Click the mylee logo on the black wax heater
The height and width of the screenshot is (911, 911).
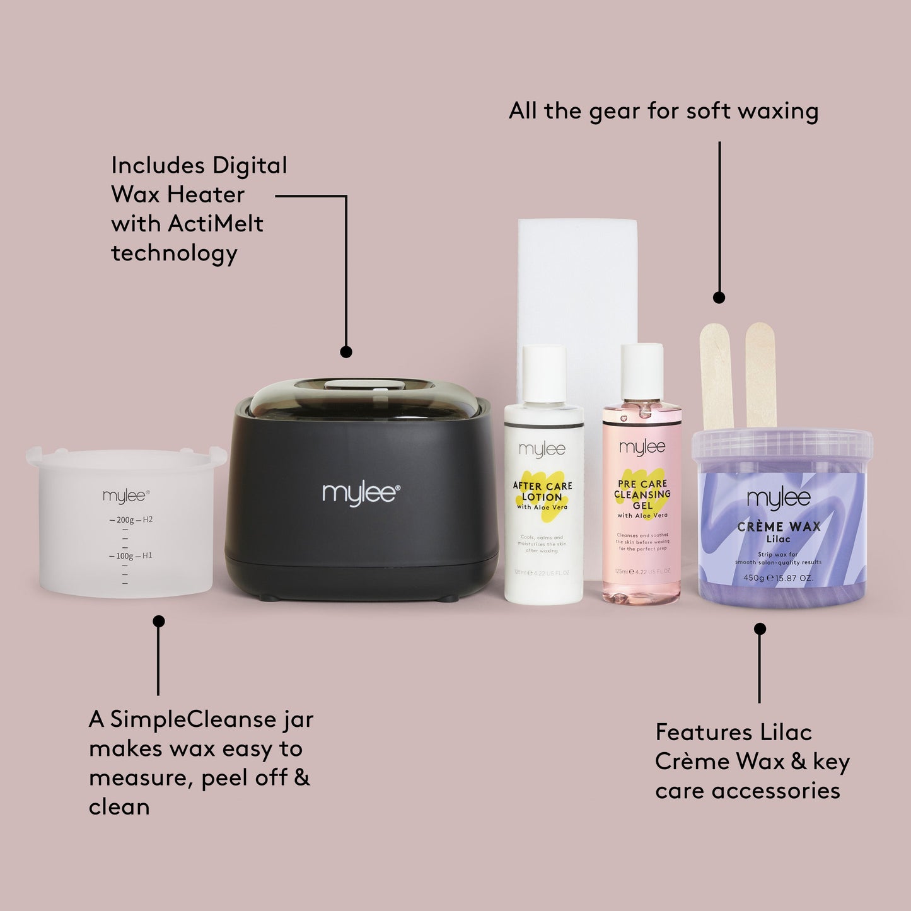361,493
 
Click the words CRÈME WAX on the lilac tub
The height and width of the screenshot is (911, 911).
779,527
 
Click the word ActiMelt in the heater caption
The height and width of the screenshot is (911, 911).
216,224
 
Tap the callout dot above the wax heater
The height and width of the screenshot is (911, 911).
346,352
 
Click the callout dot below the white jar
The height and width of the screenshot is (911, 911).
159,622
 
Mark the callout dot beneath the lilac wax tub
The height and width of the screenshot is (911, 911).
760,629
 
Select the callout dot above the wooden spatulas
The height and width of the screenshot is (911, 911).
719,298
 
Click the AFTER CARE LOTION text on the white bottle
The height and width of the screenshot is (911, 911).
542,492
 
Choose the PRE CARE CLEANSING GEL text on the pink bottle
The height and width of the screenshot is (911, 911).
642,495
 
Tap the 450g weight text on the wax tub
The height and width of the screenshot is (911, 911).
754,578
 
